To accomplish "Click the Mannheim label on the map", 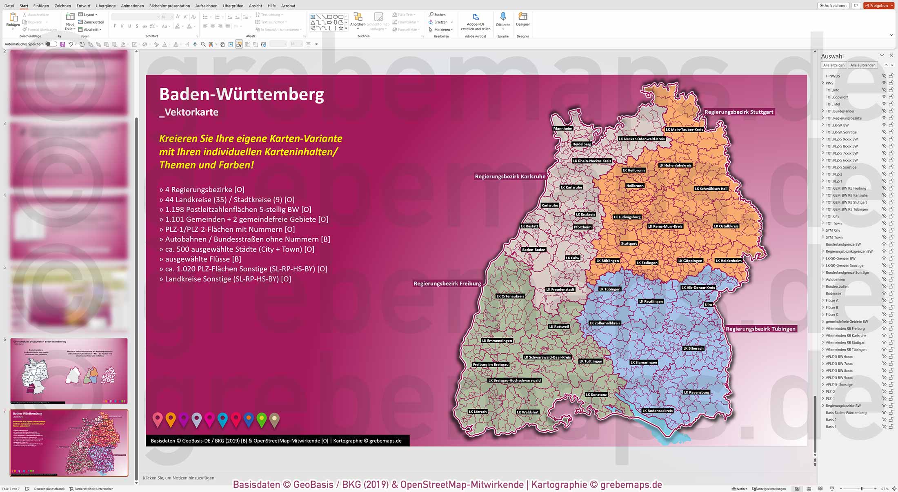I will [x=562, y=129].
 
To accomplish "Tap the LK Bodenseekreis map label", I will [x=657, y=411].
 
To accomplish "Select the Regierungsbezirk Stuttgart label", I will [x=739, y=112].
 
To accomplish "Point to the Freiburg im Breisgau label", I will [x=490, y=364].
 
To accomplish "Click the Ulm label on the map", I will [x=708, y=304].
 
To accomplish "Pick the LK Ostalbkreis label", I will [x=726, y=226].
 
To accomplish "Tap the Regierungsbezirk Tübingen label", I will [x=760, y=329].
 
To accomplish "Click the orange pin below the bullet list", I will [x=171, y=419].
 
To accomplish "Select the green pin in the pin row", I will [x=262, y=419].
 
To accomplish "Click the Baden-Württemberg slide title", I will [x=242, y=94].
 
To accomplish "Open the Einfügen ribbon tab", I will [x=41, y=6].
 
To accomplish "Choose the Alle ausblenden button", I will [x=862, y=65].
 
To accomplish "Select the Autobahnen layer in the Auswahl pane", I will [x=835, y=279].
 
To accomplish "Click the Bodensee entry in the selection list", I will [x=833, y=294].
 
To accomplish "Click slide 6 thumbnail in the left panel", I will [x=69, y=371].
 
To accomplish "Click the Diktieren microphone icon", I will [x=503, y=17].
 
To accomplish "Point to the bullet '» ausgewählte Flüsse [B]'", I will [x=200, y=259].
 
